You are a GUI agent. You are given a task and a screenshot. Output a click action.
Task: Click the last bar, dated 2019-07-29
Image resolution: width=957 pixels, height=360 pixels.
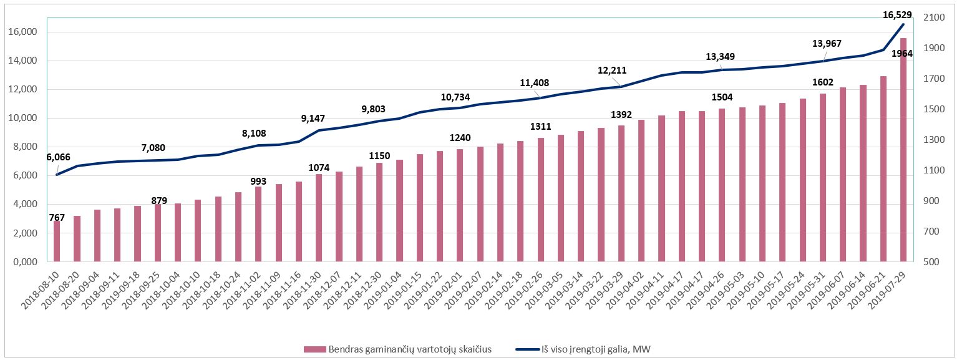click(903, 150)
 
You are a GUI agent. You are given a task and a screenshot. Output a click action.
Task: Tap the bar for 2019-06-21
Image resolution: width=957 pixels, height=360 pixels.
click(883, 168)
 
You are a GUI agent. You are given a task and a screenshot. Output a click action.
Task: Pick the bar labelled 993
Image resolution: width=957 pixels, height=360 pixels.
click(258, 224)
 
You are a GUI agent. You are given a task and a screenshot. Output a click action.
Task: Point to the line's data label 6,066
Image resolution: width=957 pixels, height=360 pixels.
click(59, 157)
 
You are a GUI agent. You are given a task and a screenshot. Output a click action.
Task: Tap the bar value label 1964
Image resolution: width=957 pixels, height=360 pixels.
click(901, 54)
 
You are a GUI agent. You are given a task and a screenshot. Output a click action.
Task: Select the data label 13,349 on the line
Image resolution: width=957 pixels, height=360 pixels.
click(719, 57)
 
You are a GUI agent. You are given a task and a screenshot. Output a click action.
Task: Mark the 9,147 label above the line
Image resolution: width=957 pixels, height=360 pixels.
click(313, 118)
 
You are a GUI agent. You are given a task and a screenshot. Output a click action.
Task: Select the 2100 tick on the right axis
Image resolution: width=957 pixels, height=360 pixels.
click(931, 17)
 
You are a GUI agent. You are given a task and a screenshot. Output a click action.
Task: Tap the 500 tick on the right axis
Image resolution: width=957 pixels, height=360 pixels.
click(928, 262)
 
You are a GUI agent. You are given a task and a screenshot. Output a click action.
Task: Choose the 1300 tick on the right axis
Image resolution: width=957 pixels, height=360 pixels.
click(931, 140)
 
